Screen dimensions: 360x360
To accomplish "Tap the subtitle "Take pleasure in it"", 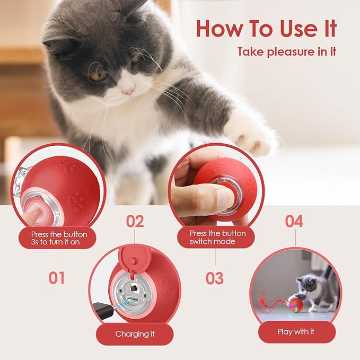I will click(286, 52).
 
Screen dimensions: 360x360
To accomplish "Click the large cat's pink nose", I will click(128, 91).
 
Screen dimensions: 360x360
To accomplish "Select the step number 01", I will click(57, 277).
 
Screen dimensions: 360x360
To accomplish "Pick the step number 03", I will click(215, 278).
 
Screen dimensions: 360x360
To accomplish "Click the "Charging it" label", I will click(135, 334).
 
